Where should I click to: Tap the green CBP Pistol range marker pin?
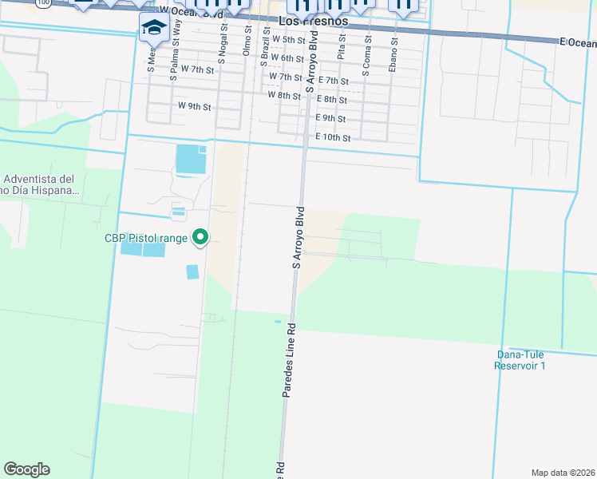click(x=201, y=237)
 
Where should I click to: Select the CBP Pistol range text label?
click(x=145, y=237)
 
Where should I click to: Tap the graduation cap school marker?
click(x=152, y=29)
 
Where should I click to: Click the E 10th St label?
click(x=333, y=137)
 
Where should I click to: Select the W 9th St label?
click(x=194, y=105)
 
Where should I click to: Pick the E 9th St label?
click(x=330, y=118)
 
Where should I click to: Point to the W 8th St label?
click(x=284, y=95)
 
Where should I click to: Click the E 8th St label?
click(x=331, y=100)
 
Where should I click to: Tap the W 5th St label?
click(x=289, y=39)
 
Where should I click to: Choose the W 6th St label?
click(x=287, y=58)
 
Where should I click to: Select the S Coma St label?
click(x=367, y=56)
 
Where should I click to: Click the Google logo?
click(x=26, y=469)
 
